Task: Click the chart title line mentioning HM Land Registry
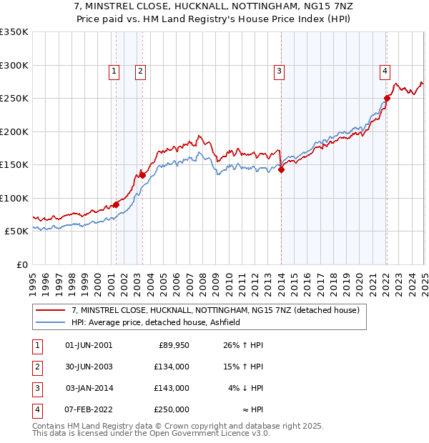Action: click(x=214, y=19)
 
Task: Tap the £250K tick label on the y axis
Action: click(x=14, y=99)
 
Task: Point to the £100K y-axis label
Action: click(x=14, y=198)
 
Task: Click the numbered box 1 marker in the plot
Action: click(x=114, y=71)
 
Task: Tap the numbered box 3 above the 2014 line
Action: click(x=279, y=71)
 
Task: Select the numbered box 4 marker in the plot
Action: click(x=385, y=71)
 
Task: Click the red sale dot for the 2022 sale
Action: click(x=387, y=98)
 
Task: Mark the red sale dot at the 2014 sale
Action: click(x=281, y=169)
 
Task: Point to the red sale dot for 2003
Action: click(x=143, y=175)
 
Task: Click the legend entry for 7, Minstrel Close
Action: click(x=219, y=310)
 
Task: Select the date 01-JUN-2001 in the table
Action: click(x=89, y=345)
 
